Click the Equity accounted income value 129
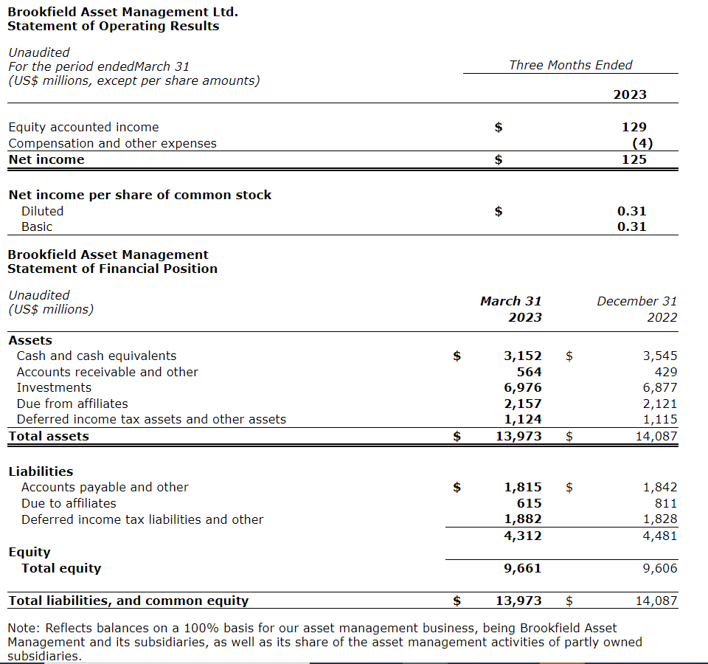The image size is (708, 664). point(634,127)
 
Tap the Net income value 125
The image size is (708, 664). point(634,159)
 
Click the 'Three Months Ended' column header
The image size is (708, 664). point(570,65)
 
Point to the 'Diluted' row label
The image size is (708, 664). point(42,211)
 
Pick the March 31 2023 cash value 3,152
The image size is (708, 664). point(522,356)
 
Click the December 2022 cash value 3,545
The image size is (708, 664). point(659,356)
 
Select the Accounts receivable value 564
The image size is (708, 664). point(529,372)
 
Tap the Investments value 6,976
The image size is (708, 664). point(522,387)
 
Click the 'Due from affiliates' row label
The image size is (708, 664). point(72,404)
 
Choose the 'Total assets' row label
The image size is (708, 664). point(49,436)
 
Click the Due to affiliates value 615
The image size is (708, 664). point(529,503)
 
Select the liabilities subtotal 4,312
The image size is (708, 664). point(522,536)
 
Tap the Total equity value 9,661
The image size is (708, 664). point(522,568)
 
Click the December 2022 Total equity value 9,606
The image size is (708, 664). point(659,568)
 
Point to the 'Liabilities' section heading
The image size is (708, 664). point(41,471)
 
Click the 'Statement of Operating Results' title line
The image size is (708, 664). point(113,27)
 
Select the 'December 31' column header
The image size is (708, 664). point(636,301)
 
